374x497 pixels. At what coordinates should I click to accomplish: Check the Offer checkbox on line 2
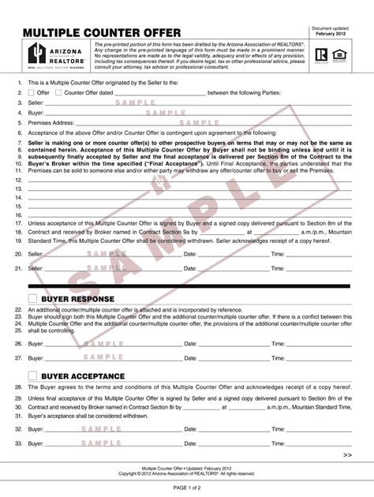point(32,92)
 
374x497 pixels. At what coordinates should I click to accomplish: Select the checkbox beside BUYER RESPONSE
point(32,298)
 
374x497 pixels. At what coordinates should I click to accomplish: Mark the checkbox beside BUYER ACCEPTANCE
point(32,376)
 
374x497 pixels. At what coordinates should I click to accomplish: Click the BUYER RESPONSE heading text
point(78,299)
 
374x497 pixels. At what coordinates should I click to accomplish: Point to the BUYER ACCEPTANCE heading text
point(83,376)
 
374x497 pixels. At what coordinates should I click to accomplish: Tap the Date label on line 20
point(190,254)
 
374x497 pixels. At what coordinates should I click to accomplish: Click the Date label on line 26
point(190,344)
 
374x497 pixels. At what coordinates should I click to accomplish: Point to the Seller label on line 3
point(36,103)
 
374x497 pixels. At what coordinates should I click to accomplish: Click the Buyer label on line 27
point(36,358)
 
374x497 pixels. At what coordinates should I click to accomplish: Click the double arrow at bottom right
point(348,455)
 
